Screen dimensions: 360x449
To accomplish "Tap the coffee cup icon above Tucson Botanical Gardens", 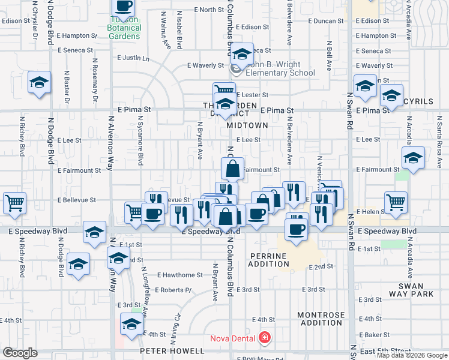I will [x=124, y=6].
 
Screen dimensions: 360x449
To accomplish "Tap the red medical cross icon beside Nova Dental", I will [x=263, y=338].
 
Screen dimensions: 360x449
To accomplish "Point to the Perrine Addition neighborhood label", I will [x=268, y=260].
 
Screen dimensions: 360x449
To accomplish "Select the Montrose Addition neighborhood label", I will [x=321, y=319].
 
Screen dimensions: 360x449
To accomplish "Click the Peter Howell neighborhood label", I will [x=173, y=350].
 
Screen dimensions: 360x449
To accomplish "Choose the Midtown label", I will [x=248, y=125].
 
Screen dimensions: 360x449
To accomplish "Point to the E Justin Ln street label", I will [x=133, y=58].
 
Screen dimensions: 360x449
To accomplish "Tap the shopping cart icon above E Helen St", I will [x=396, y=202].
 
